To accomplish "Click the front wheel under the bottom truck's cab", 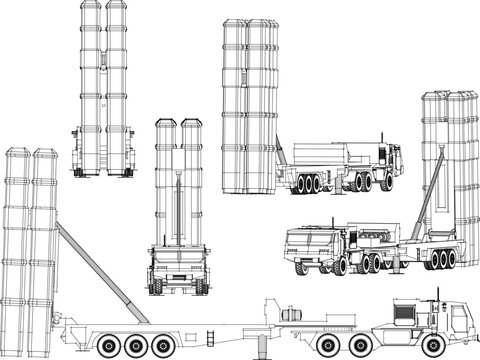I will [x=441, y=344].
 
